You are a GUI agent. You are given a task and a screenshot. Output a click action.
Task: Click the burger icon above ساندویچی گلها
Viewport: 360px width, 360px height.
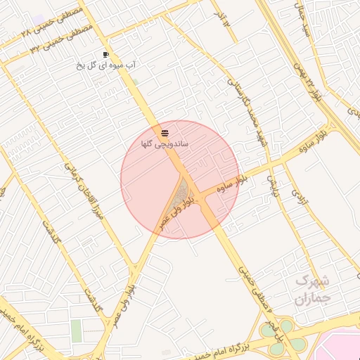164,132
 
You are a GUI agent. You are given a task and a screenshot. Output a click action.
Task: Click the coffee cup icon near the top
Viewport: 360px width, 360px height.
105,54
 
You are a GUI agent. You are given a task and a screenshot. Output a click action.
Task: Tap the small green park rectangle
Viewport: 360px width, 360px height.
76,330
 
